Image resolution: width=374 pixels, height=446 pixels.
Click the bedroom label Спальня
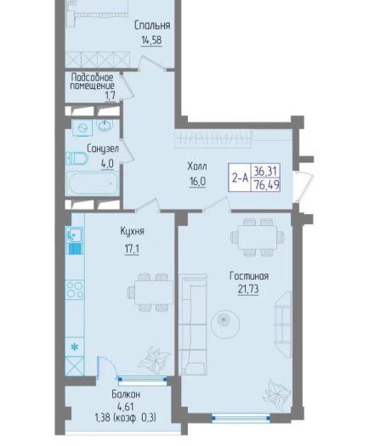(x=152, y=25)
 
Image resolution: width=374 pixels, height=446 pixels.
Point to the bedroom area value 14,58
(x=151, y=40)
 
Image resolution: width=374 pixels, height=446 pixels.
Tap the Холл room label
(x=197, y=166)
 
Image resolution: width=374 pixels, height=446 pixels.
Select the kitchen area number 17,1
(x=132, y=249)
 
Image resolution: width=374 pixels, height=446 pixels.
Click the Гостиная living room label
(x=249, y=276)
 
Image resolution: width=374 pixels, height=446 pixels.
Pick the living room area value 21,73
(x=248, y=290)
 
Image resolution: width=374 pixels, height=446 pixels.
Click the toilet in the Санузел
(x=76, y=158)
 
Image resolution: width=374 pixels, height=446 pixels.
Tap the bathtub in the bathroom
(x=93, y=183)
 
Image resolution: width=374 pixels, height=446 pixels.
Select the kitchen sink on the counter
(x=75, y=234)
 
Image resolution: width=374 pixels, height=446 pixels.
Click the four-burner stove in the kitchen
(x=75, y=290)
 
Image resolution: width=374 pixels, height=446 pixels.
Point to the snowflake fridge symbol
(x=75, y=347)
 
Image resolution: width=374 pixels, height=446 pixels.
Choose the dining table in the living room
(x=258, y=237)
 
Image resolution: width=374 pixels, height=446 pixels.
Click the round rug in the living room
(x=225, y=323)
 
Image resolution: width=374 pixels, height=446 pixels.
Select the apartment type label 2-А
(x=240, y=178)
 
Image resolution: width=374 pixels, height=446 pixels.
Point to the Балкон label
(x=126, y=394)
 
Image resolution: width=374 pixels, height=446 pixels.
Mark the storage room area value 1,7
(x=110, y=95)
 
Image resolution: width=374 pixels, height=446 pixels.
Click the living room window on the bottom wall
(x=241, y=418)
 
